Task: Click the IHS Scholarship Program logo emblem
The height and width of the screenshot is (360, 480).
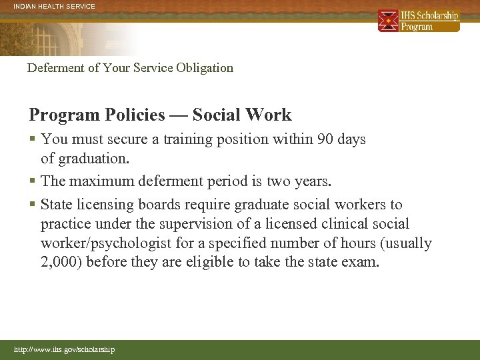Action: coord(388,21)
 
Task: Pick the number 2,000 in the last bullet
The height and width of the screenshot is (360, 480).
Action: coord(61,263)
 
